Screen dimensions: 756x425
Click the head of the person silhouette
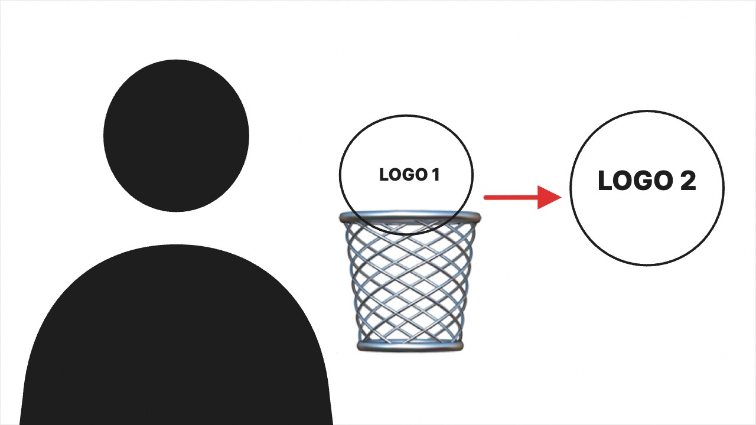tap(176, 136)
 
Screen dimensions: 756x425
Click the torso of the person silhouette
tap(176, 335)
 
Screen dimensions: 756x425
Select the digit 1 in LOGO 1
tap(436, 175)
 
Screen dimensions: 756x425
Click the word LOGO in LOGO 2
tap(635, 181)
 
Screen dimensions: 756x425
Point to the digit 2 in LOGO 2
tap(688, 181)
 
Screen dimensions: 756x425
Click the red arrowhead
tap(549, 197)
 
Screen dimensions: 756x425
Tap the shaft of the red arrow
tap(511, 197)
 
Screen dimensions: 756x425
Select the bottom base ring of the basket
tap(410, 346)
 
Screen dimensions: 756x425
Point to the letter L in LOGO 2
tap(605, 181)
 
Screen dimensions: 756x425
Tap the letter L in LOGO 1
tap(384, 175)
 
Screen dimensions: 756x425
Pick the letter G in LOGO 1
tap(409, 175)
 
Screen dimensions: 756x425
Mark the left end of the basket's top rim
tap(340, 218)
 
